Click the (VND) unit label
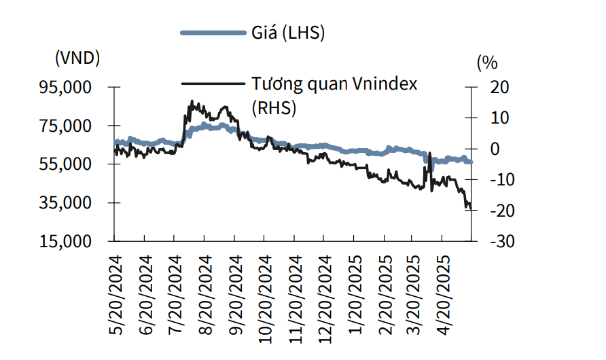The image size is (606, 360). pyautogui.click(x=77, y=58)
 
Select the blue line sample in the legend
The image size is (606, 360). pyautogui.click(x=212, y=33)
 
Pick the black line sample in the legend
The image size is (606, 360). pyautogui.click(x=213, y=84)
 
